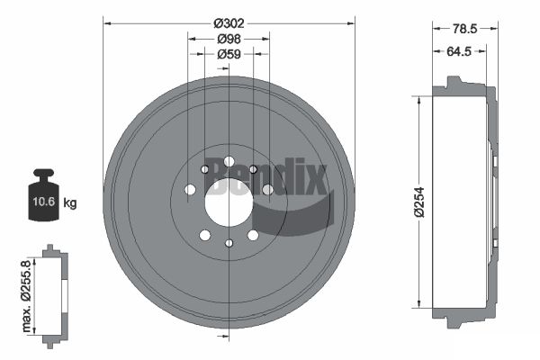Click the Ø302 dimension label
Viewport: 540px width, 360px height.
(x=229, y=23)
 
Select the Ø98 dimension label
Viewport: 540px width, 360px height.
(x=229, y=40)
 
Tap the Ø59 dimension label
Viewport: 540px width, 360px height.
(x=229, y=54)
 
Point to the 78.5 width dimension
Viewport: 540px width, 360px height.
(x=464, y=29)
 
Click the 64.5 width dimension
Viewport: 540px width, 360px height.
(x=459, y=51)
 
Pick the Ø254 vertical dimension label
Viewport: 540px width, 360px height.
(x=419, y=202)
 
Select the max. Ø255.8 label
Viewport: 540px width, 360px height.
(x=26, y=296)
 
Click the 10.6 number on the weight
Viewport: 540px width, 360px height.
(x=44, y=202)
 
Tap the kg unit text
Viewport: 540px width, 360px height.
(x=70, y=202)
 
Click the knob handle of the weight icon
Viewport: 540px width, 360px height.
(x=43, y=173)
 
